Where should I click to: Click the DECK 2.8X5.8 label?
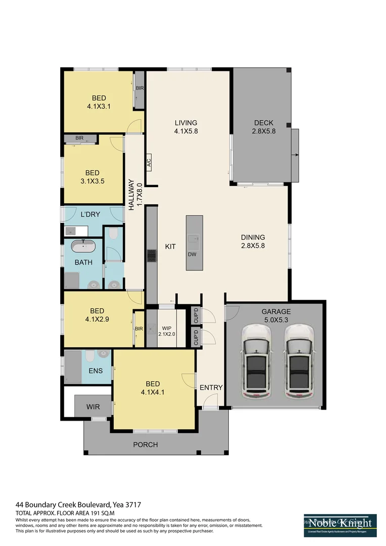tap(263, 127)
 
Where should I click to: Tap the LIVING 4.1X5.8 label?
tap(186, 127)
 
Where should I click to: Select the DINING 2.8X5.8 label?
tap(253, 242)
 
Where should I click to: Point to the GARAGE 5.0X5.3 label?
tap(276, 315)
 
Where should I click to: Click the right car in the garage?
tap(299, 360)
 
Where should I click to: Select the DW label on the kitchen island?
tap(192, 254)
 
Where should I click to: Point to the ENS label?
tap(95, 371)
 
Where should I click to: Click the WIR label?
tap(93, 405)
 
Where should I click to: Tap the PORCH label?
tap(146, 445)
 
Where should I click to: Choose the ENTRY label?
tap(211, 388)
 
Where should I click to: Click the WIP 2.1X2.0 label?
tap(166, 331)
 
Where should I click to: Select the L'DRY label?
tap(90, 214)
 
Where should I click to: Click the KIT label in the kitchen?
tap(170, 247)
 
